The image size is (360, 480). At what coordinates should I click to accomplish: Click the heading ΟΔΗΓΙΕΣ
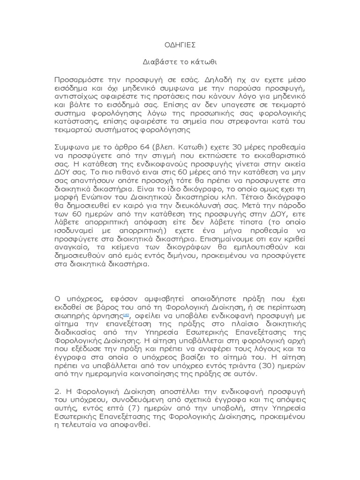180,45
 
